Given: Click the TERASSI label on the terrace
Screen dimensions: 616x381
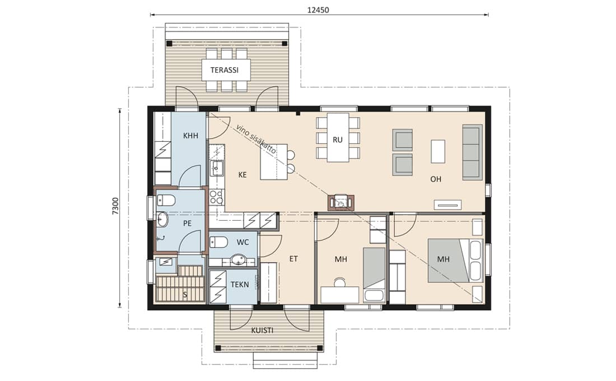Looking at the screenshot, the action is tap(225, 71).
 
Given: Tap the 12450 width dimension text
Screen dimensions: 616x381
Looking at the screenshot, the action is tap(318, 10).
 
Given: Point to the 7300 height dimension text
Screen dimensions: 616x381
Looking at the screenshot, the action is tap(115, 206).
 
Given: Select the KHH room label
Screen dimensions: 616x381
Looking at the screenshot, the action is tap(190, 136).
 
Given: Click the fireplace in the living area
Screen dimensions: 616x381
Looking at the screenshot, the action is tap(340, 202).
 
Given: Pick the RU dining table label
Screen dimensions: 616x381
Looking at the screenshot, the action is tap(338, 140).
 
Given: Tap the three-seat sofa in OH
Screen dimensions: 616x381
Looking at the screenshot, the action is tap(472, 152).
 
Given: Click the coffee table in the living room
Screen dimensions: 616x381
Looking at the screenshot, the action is tap(438, 151).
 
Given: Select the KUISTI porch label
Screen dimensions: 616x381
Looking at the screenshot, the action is tap(262, 331).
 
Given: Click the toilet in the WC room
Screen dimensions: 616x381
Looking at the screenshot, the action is tap(218, 242).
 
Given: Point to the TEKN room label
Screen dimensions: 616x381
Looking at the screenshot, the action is tap(240, 284).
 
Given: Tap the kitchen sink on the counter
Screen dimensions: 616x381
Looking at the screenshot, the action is tap(217, 168).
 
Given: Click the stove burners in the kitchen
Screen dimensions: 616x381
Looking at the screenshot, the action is tap(216, 197).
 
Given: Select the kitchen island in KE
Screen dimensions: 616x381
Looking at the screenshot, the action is tap(274, 161).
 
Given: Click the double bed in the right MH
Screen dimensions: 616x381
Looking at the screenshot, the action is tap(455, 261).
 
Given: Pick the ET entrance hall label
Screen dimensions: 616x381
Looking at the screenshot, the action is tap(293, 259).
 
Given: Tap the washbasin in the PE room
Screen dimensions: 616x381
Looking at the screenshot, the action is tap(162, 220).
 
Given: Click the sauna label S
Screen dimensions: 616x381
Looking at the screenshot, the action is tap(185, 295).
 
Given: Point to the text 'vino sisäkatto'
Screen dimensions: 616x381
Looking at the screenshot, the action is tap(256, 139).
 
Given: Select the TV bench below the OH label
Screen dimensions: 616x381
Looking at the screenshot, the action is tap(447, 205).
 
